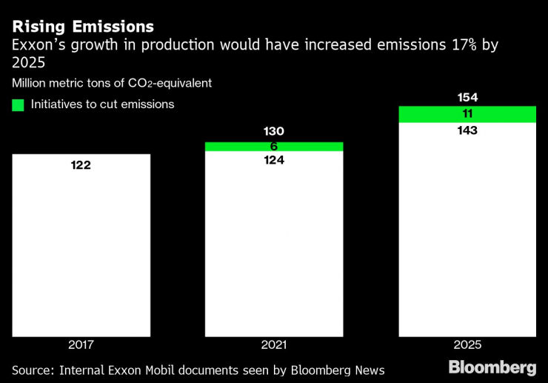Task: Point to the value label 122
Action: point(81,165)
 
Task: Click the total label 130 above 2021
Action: point(274,131)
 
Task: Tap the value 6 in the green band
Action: point(274,147)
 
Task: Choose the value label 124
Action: point(274,160)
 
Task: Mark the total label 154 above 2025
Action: point(467,98)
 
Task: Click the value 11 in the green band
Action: point(467,114)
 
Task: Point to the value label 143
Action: point(467,130)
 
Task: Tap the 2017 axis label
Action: point(81,345)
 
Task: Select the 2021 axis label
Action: point(274,345)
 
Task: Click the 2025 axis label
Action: point(467,345)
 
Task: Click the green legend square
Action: point(19,104)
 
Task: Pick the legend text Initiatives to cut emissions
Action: point(102,104)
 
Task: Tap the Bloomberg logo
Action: point(492,367)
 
